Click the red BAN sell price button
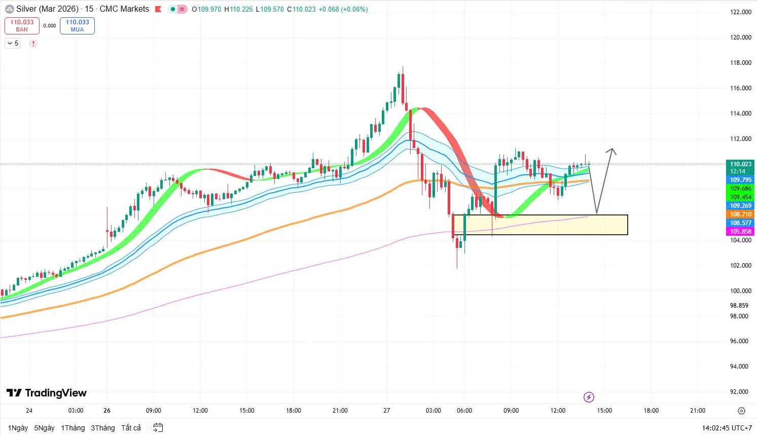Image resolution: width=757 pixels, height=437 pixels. click(x=22, y=25)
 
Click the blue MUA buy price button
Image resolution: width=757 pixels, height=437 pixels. click(x=77, y=25)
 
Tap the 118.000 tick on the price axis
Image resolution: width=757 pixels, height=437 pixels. click(x=740, y=63)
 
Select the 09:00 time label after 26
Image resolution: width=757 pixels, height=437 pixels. click(x=153, y=411)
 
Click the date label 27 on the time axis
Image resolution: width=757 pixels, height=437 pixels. click(x=387, y=411)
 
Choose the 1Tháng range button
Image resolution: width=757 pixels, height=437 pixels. click(x=73, y=428)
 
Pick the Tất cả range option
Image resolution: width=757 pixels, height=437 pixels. click(x=131, y=428)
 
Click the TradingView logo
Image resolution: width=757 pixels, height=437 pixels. click(x=47, y=393)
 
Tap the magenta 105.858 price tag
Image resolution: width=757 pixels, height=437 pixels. click(x=740, y=232)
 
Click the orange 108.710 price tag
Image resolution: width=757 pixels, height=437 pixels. click(x=740, y=214)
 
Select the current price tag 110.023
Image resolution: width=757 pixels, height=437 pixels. click(x=740, y=164)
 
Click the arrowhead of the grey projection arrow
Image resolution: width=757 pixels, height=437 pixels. click(x=612, y=150)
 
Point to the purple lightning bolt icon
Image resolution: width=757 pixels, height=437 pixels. click(x=589, y=397)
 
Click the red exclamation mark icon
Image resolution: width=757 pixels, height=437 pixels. click(x=33, y=44)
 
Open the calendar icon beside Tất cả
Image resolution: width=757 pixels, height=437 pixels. click(x=158, y=428)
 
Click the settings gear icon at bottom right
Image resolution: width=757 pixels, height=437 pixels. click(x=741, y=411)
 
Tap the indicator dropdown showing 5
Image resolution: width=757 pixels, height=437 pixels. click(x=13, y=44)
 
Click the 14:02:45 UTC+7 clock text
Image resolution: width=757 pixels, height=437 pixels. click(x=727, y=428)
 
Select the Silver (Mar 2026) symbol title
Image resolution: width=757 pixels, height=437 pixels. click(x=47, y=9)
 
